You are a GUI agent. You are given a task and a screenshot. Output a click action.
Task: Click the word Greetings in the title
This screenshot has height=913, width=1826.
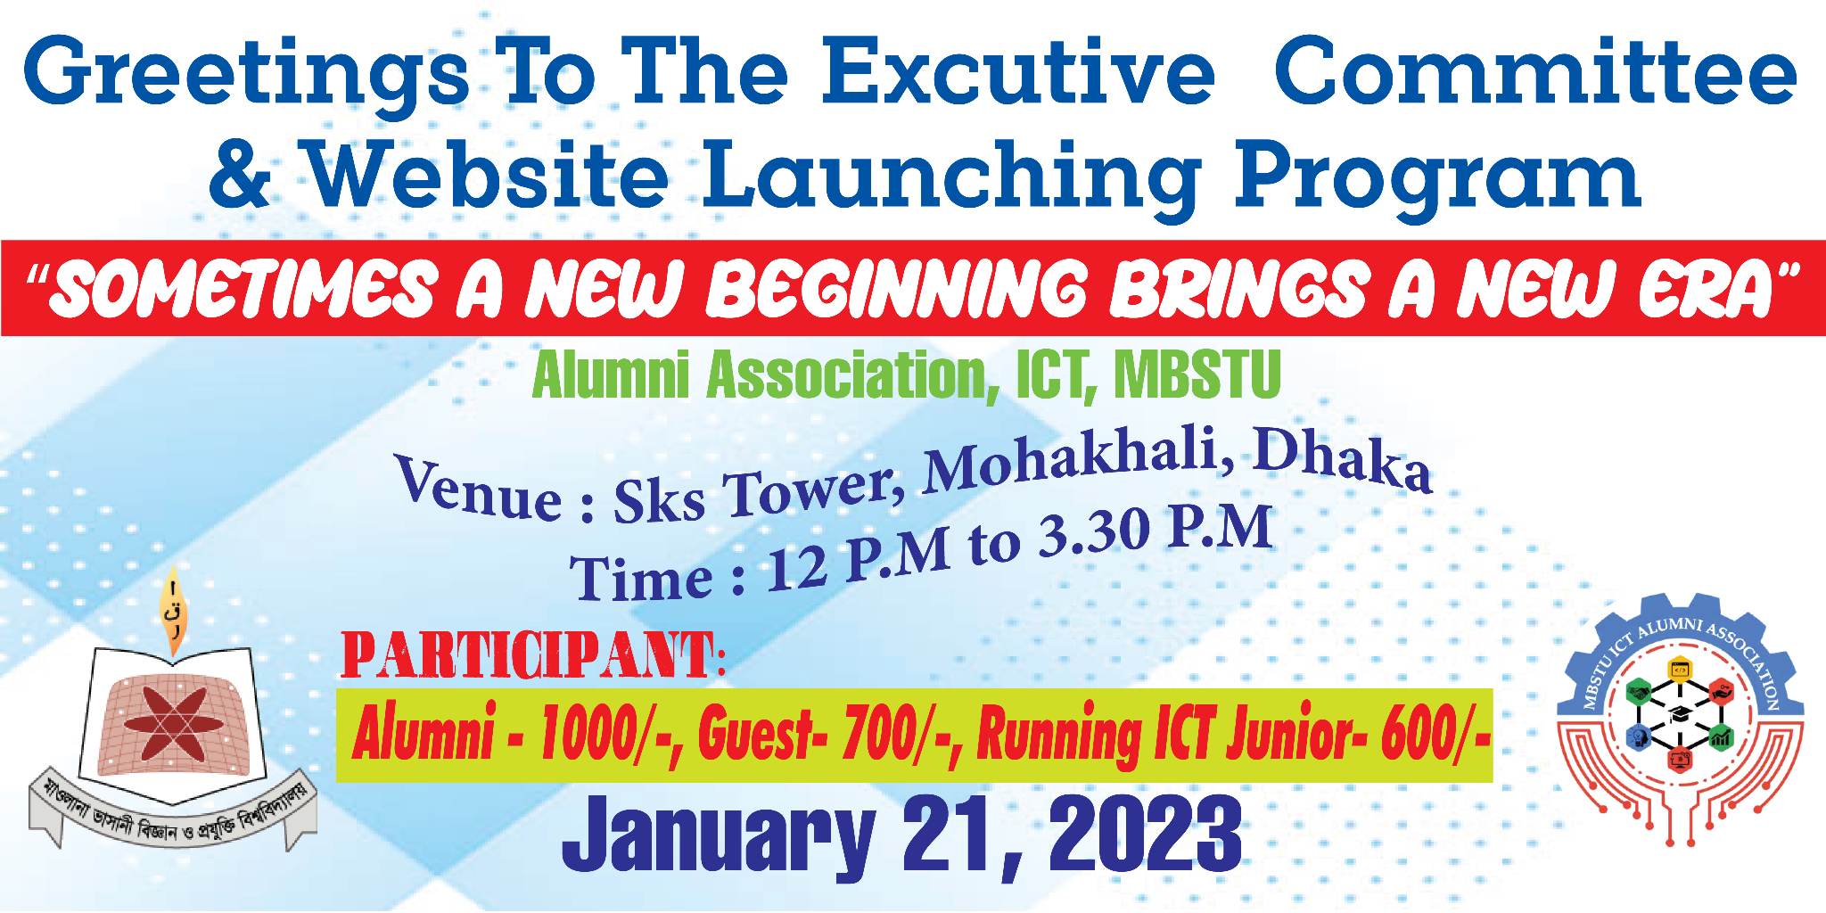pyautogui.click(x=243, y=74)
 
